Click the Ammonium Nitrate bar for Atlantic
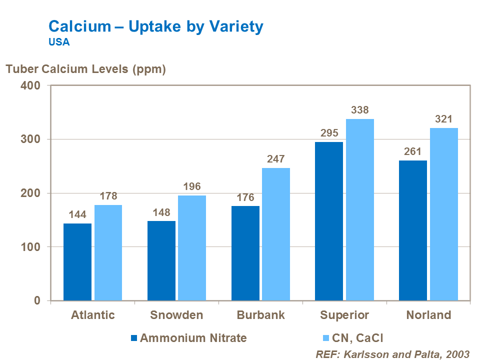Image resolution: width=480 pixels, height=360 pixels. point(77,261)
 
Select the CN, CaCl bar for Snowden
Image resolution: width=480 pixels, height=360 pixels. point(192,248)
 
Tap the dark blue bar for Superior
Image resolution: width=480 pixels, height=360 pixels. point(329,221)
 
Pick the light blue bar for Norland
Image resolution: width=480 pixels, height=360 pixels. point(443,214)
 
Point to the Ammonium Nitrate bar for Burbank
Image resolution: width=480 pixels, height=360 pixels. point(245,253)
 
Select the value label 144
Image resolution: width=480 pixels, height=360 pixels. point(77,215)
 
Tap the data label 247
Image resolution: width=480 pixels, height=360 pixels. point(275,159)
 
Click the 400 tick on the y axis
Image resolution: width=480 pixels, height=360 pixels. point(31,85)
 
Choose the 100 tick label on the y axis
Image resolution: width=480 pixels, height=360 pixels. point(31,247)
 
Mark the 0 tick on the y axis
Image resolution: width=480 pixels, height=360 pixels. point(37,301)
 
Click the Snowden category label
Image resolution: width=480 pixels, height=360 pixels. point(176,315)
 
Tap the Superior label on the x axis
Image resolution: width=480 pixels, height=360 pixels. point(344,315)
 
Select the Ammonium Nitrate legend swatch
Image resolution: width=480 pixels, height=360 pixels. point(133,338)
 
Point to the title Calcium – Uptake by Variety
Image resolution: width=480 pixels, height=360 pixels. point(155,26)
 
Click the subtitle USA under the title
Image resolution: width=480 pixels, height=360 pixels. point(59,42)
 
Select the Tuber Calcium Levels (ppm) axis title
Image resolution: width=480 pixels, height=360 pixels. point(85,69)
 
